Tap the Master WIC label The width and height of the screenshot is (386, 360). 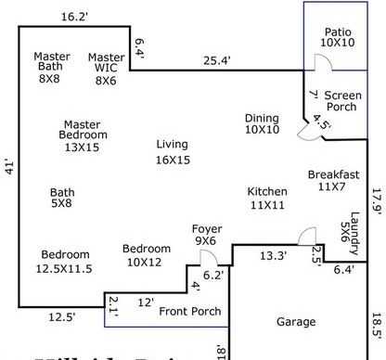click(x=107, y=68)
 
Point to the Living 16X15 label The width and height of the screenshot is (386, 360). click(x=173, y=151)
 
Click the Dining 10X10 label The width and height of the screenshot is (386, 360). click(x=262, y=123)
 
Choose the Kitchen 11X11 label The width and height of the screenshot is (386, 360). click(x=267, y=198)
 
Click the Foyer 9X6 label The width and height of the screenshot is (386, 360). click(x=206, y=235)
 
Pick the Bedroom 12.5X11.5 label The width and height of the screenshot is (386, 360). click(x=65, y=261)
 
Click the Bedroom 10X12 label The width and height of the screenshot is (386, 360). click(x=147, y=255)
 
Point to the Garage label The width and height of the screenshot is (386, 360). click(x=296, y=322)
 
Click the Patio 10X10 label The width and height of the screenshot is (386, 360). click(x=337, y=36)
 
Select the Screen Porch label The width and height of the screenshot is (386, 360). click(x=341, y=100)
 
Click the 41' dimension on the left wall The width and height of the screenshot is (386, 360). click(x=9, y=170)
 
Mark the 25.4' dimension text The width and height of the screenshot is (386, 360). click(x=218, y=62)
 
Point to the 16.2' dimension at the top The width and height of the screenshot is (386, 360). click(x=74, y=16)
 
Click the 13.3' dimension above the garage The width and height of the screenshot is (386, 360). click(x=272, y=255)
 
